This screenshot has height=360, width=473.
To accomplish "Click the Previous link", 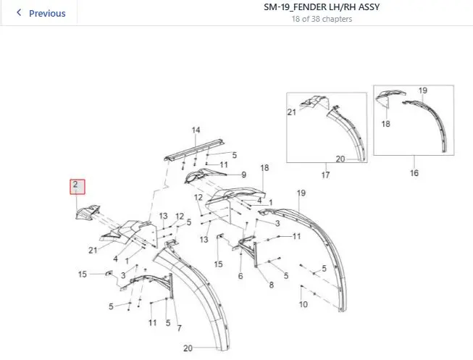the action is pyautogui.click(x=47, y=13).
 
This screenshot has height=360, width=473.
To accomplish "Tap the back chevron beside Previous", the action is pyautogui.click(x=19, y=12).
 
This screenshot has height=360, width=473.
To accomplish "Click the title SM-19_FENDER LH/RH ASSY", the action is pyautogui.click(x=322, y=7).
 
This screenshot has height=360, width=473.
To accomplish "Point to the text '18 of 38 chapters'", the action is pyautogui.click(x=322, y=19).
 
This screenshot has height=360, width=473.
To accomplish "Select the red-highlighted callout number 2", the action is pyautogui.click(x=78, y=187).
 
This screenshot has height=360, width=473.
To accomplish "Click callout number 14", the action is pyautogui.click(x=196, y=130).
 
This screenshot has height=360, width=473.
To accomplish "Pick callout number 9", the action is pyautogui.click(x=243, y=175).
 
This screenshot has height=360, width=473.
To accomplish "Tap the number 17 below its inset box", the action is pyautogui.click(x=325, y=175).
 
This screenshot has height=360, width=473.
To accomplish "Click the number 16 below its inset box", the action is pyautogui.click(x=414, y=173).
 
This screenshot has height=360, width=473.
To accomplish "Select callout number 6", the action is pyautogui.click(x=240, y=276).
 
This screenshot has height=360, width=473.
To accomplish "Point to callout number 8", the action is pyautogui.click(x=272, y=285).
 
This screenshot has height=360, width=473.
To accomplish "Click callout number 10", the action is pyautogui.click(x=304, y=304).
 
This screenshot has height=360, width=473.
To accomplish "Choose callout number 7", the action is pyautogui.click(x=180, y=328).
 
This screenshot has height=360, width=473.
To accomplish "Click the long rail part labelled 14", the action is pyautogui.click(x=195, y=150).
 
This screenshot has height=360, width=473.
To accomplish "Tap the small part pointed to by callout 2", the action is pyautogui.click(x=88, y=212).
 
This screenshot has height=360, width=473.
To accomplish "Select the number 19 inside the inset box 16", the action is pyautogui.click(x=423, y=91).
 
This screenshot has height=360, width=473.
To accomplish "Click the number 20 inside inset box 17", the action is pyautogui.click(x=340, y=159).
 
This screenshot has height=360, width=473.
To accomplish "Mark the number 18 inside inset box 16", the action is pyautogui.click(x=386, y=124).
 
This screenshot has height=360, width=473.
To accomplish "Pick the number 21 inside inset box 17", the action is pyautogui.click(x=292, y=112).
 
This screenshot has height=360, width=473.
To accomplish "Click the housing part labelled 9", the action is pyautogui.click(x=205, y=177).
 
